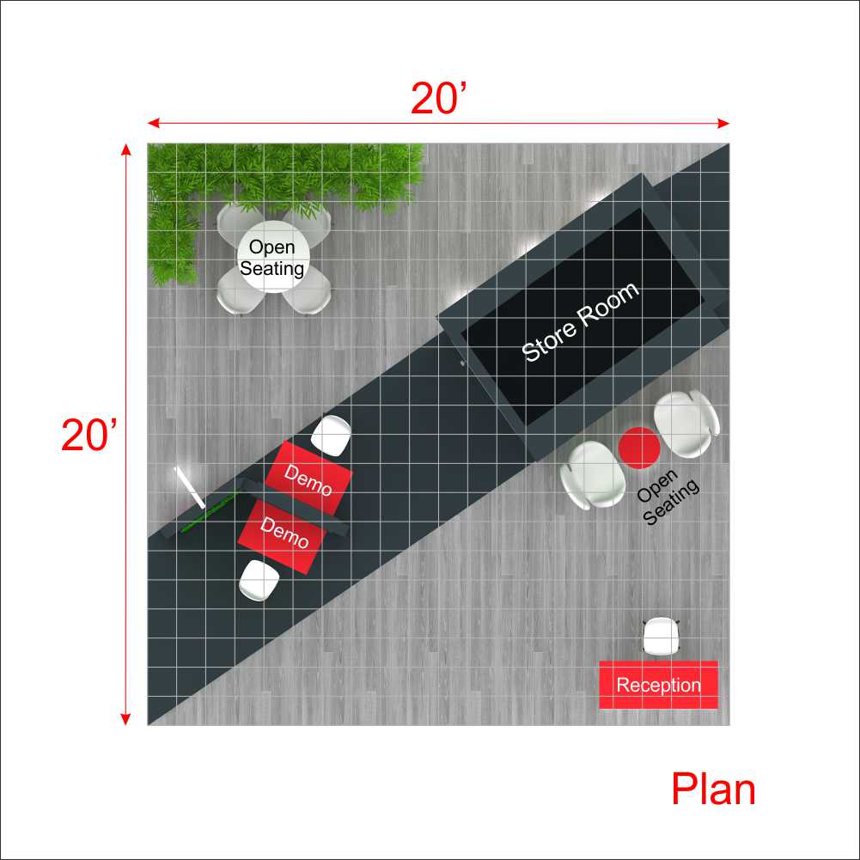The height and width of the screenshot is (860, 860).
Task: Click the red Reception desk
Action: click(x=658, y=685)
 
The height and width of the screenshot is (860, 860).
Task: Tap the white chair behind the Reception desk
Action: click(x=661, y=637)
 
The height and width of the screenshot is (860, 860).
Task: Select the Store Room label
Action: click(x=580, y=322)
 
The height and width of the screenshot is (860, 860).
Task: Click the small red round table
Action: click(x=639, y=448)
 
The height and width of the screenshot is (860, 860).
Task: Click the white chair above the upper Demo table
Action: click(x=331, y=436)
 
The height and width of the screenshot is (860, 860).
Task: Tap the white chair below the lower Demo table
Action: click(x=259, y=580)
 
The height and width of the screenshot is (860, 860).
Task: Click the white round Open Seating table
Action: click(x=273, y=257)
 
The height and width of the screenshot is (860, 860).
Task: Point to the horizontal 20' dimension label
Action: click(x=439, y=99)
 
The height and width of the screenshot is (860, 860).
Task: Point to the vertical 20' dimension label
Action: click(x=88, y=435)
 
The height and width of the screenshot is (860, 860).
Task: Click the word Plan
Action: click(x=713, y=790)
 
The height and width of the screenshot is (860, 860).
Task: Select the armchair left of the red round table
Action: click(x=593, y=475)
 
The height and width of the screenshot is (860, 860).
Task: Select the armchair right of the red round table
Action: click(x=686, y=424)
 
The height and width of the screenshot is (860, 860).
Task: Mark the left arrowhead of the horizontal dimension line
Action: click(x=153, y=123)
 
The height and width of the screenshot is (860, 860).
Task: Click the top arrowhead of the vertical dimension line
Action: click(x=125, y=149)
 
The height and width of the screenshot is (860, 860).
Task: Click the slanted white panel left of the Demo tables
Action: click(x=190, y=488)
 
